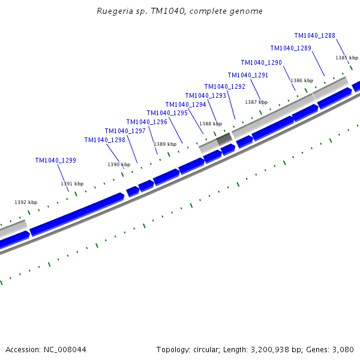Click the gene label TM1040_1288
tap(314, 35)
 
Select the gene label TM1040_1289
tap(290, 48)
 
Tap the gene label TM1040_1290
tap(261, 62)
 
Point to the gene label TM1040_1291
tap(248, 75)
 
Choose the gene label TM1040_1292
tap(224, 86)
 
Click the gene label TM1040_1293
tap(205, 95)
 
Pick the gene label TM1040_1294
tap(185, 104)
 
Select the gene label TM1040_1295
tap(167, 113)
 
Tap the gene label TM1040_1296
tap(146, 122)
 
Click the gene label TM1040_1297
tap(125, 131)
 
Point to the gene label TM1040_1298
tap(104, 140)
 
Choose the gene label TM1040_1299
tap(55, 160)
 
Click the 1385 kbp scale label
tap(346, 58)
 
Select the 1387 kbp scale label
tap(256, 102)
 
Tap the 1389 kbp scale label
tap(165, 144)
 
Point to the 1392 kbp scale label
tap(26, 202)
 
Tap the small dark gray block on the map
tap(224, 139)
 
